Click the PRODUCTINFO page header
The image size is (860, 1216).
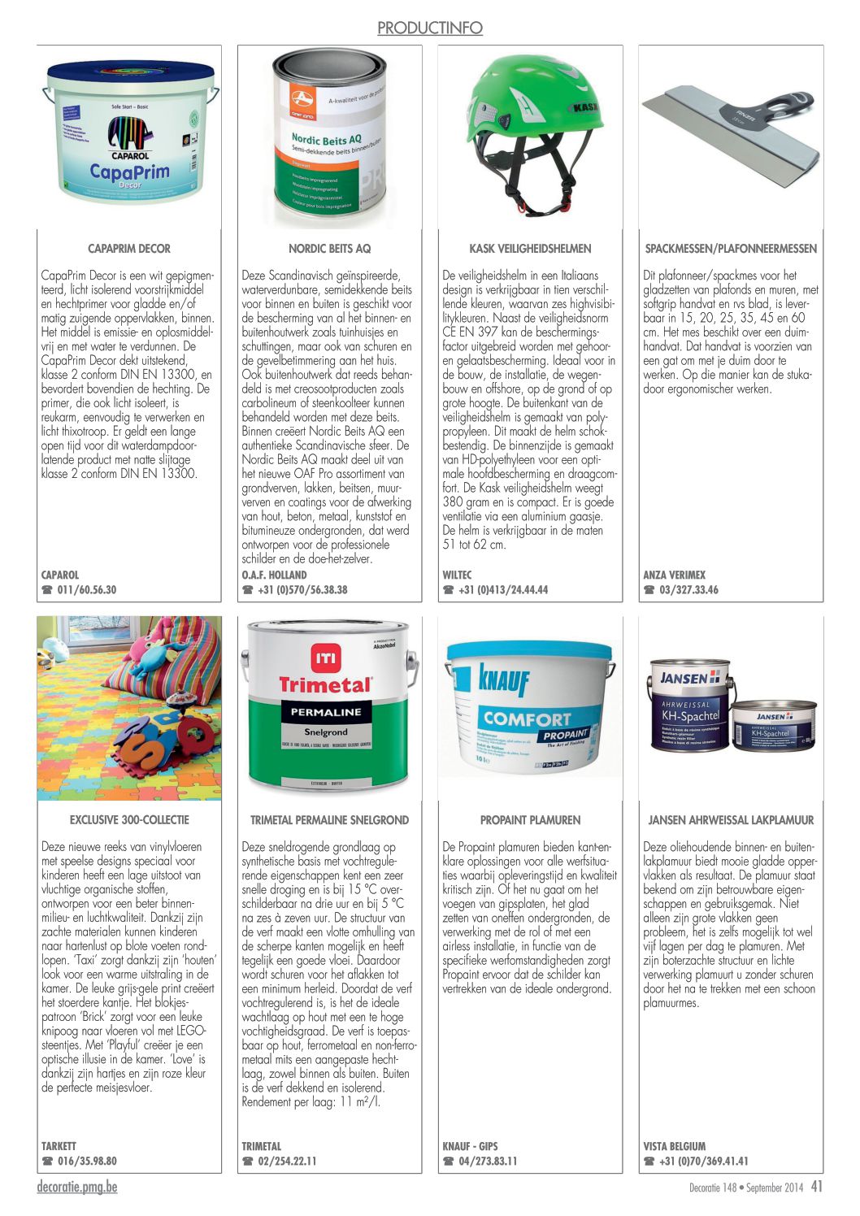coord(429,28)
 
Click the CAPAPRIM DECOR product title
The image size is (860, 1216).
coord(129,249)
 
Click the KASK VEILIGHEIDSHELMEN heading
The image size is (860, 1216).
coord(530,249)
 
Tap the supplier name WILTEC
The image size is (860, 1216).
coord(457,575)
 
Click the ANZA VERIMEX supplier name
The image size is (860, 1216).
coord(674,575)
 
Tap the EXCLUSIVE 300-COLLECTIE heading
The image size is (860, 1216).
coord(129,820)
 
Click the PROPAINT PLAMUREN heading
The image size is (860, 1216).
coord(530,820)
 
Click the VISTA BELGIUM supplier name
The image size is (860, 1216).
coord(674,1146)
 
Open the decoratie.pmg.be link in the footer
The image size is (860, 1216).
coord(77,1188)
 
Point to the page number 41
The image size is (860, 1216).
coord(816,1187)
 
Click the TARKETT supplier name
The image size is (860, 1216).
coord(59,1146)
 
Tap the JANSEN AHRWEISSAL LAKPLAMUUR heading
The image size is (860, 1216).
coord(731,820)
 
